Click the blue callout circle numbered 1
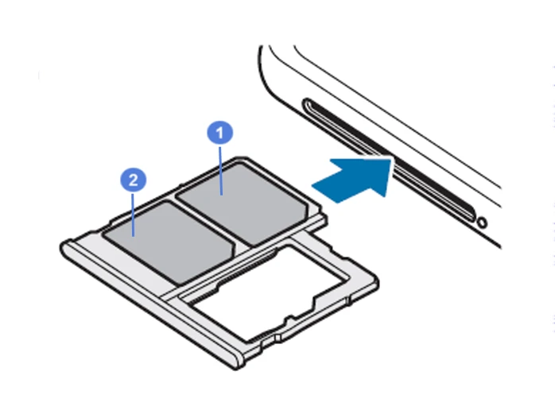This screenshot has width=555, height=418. coord(219,133)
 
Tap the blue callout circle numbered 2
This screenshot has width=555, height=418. coord(133,180)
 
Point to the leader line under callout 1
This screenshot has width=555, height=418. coord(220,170)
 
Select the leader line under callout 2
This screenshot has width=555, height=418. coord(133,215)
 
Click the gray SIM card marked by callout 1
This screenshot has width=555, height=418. coord(242,203)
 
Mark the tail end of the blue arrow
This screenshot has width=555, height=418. coord(324,194)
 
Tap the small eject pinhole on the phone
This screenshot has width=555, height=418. coord(482,223)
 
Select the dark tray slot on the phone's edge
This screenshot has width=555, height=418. coord(390,160)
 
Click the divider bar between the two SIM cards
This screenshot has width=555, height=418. coord(205,223)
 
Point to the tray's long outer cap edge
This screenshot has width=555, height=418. coord(152,304)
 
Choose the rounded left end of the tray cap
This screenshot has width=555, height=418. coord(64,248)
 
